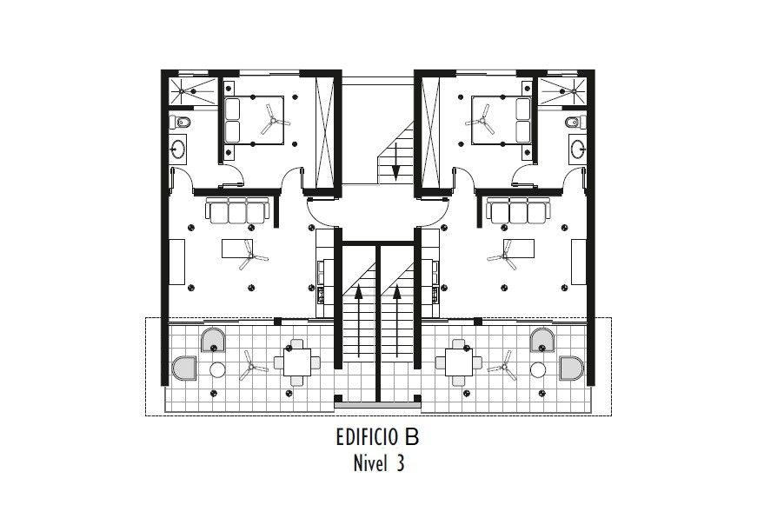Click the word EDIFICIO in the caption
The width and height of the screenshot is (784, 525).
click(x=368, y=437)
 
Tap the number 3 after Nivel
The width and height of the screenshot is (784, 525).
click(x=400, y=463)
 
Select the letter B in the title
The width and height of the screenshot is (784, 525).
click(x=412, y=437)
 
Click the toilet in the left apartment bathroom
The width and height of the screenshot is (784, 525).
click(x=180, y=122)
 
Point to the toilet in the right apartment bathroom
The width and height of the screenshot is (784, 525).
click(x=575, y=122)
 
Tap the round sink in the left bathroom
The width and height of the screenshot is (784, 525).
click(x=177, y=149)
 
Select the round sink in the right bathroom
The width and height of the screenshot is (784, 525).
click(x=578, y=149)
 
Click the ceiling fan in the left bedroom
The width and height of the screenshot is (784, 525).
click(x=274, y=120)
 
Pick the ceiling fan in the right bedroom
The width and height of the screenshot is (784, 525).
click(x=482, y=120)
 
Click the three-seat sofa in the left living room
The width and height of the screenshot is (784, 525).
click(x=237, y=210)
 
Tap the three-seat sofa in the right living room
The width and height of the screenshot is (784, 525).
click(x=519, y=210)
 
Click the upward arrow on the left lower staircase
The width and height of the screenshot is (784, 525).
click(x=358, y=321)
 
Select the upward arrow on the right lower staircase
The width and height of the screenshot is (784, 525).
click(x=397, y=321)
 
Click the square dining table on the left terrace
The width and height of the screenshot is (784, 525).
click(x=297, y=362)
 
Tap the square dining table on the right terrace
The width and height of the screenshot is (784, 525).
click(x=459, y=362)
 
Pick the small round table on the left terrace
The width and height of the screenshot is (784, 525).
click(x=217, y=370)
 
